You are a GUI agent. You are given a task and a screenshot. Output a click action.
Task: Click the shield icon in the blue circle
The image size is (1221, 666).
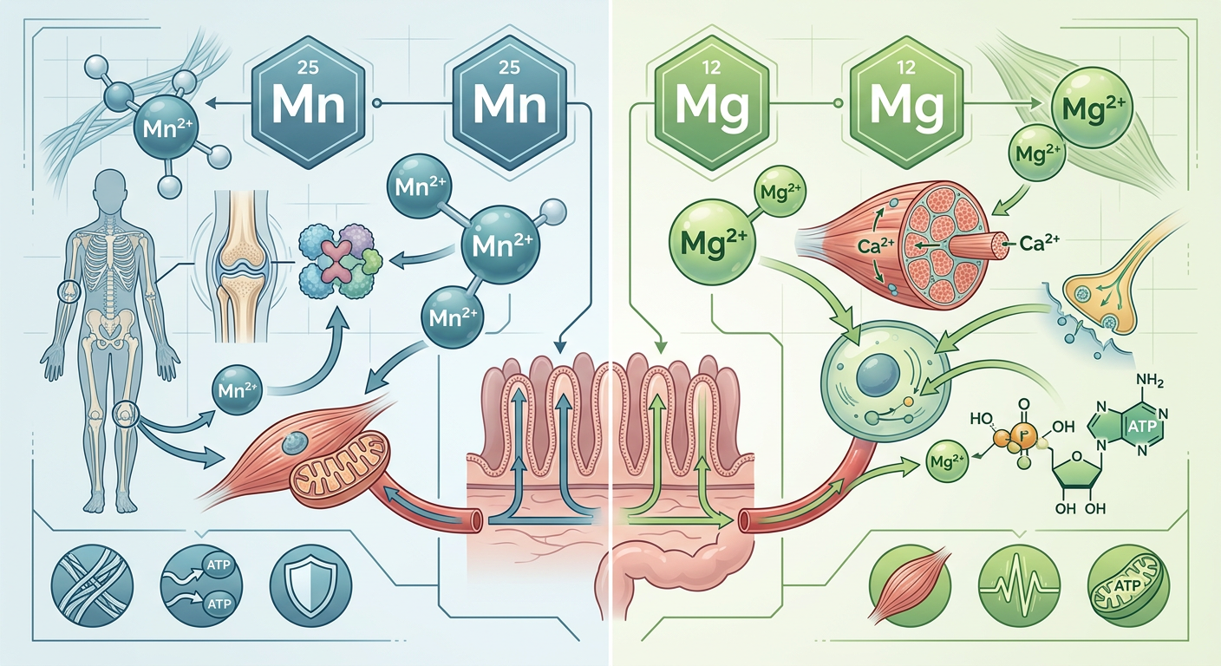[311, 586]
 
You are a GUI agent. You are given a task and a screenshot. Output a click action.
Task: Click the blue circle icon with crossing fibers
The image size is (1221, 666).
[92, 586]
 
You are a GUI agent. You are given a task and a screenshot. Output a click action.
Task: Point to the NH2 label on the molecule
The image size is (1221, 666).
[1150, 381]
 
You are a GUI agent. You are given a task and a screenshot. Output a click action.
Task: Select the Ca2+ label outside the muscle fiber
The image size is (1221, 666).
[1040, 243]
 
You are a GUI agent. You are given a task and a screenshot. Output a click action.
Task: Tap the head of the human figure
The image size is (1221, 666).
[111, 188]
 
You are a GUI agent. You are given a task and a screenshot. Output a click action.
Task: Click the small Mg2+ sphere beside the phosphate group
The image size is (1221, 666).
[947, 462]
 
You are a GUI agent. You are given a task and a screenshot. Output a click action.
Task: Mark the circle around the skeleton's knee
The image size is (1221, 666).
[127, 415]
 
